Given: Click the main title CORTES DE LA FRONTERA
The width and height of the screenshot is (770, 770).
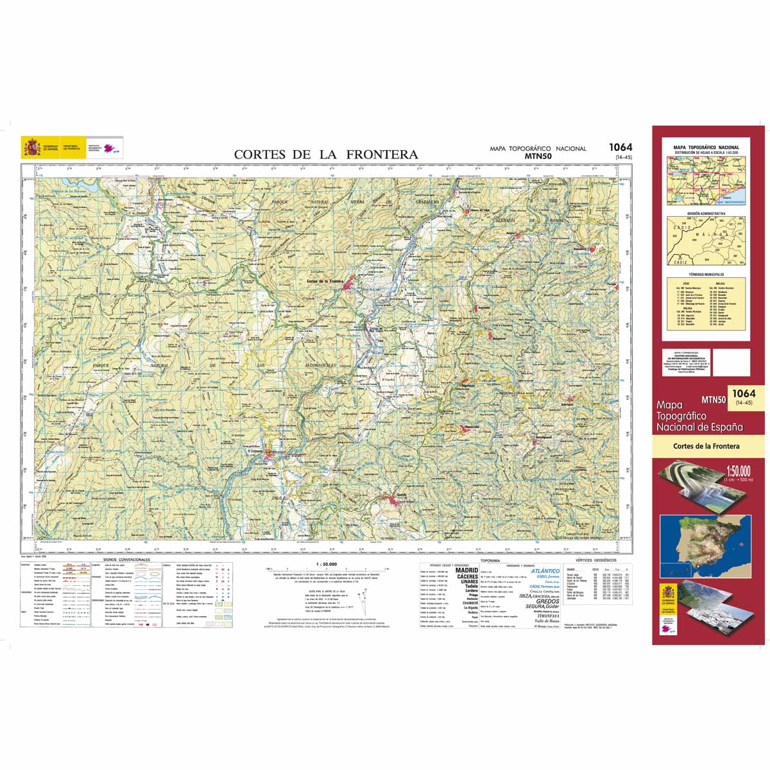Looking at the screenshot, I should point(325,155).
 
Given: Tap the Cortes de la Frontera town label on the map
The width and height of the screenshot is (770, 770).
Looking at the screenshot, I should point(326,281).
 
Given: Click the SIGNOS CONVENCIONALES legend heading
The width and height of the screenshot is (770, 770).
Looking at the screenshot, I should point(126,560).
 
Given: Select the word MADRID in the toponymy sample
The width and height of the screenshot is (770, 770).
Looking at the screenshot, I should point(466,570).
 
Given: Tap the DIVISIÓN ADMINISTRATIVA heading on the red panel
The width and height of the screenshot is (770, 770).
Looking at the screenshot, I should point(706,213).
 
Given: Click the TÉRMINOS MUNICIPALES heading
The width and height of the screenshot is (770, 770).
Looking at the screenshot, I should point(706,274).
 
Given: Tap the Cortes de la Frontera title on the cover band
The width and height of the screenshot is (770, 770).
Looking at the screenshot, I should point(706,446).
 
